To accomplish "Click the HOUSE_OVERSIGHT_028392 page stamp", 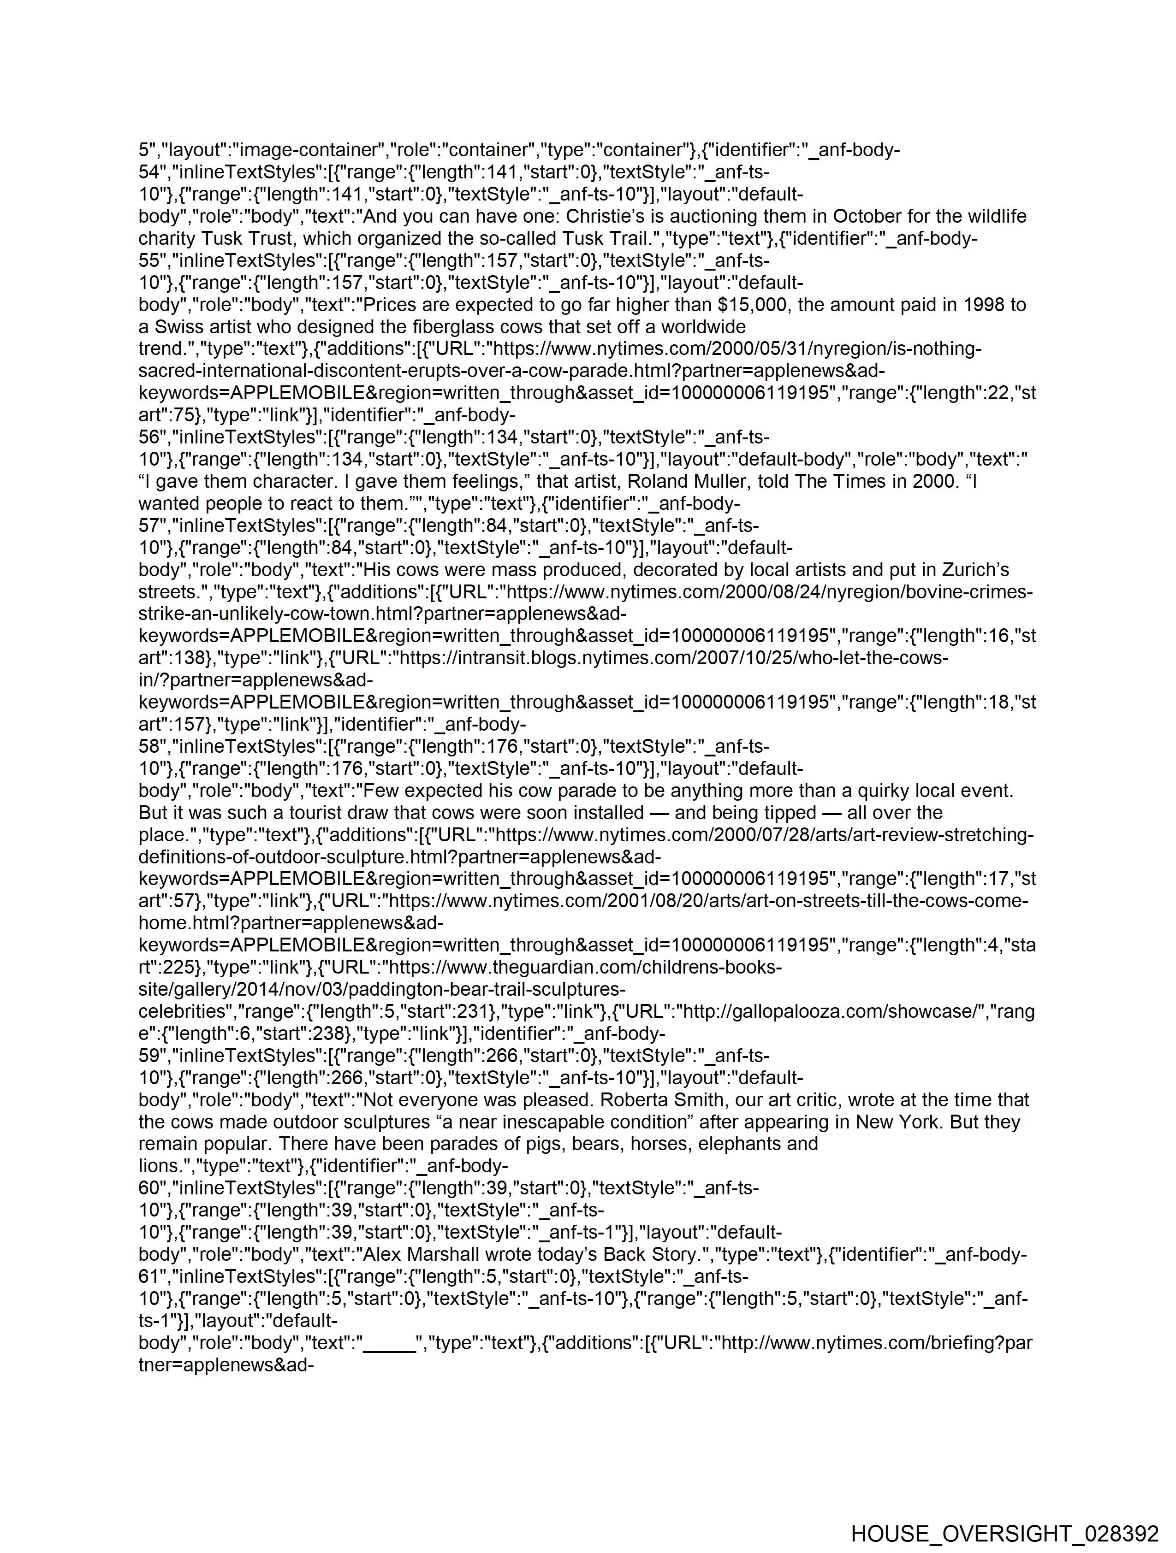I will point(1004,1533).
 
